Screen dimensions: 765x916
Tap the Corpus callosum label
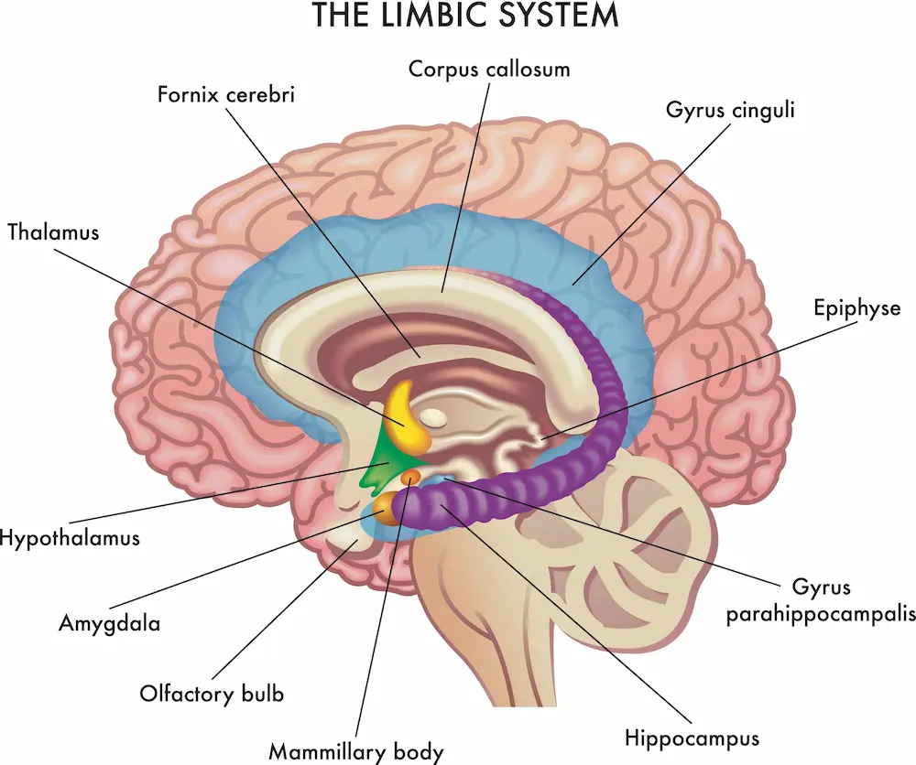[x=489, y=69]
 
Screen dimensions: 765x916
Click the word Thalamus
[x=53, y=232]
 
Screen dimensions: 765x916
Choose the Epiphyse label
[x=856, y=307]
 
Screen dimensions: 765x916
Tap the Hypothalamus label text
[x=70, y=536]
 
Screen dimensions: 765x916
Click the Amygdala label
[x=109, y=625]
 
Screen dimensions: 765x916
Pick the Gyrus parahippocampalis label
[x=820, y=600]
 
